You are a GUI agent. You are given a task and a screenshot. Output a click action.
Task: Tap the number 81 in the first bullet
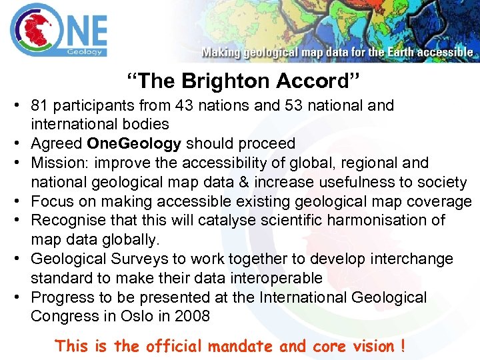click(39, 105)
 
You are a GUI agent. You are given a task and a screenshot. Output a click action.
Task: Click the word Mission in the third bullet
click(59, 163)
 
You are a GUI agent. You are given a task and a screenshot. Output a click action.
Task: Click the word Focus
click(51, 201)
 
